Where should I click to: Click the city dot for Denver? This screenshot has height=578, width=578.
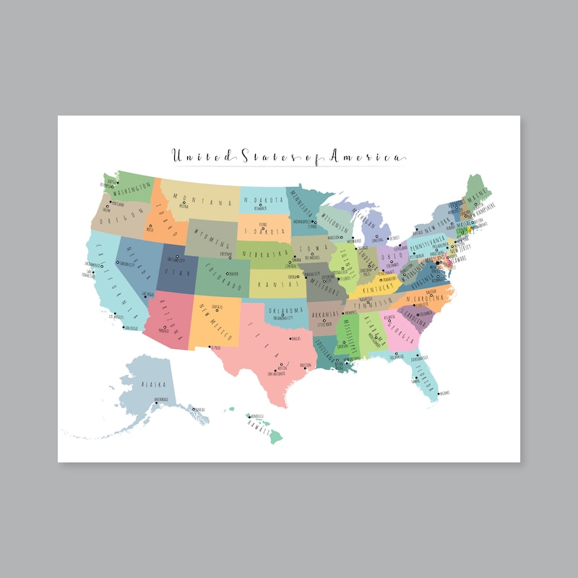pyautogui.click(x=229, y=274)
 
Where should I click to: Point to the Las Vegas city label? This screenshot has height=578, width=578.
pyautogui.click(x=148, y=293)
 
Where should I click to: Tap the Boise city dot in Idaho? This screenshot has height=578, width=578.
pyautogui.click(x=149, y=227)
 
